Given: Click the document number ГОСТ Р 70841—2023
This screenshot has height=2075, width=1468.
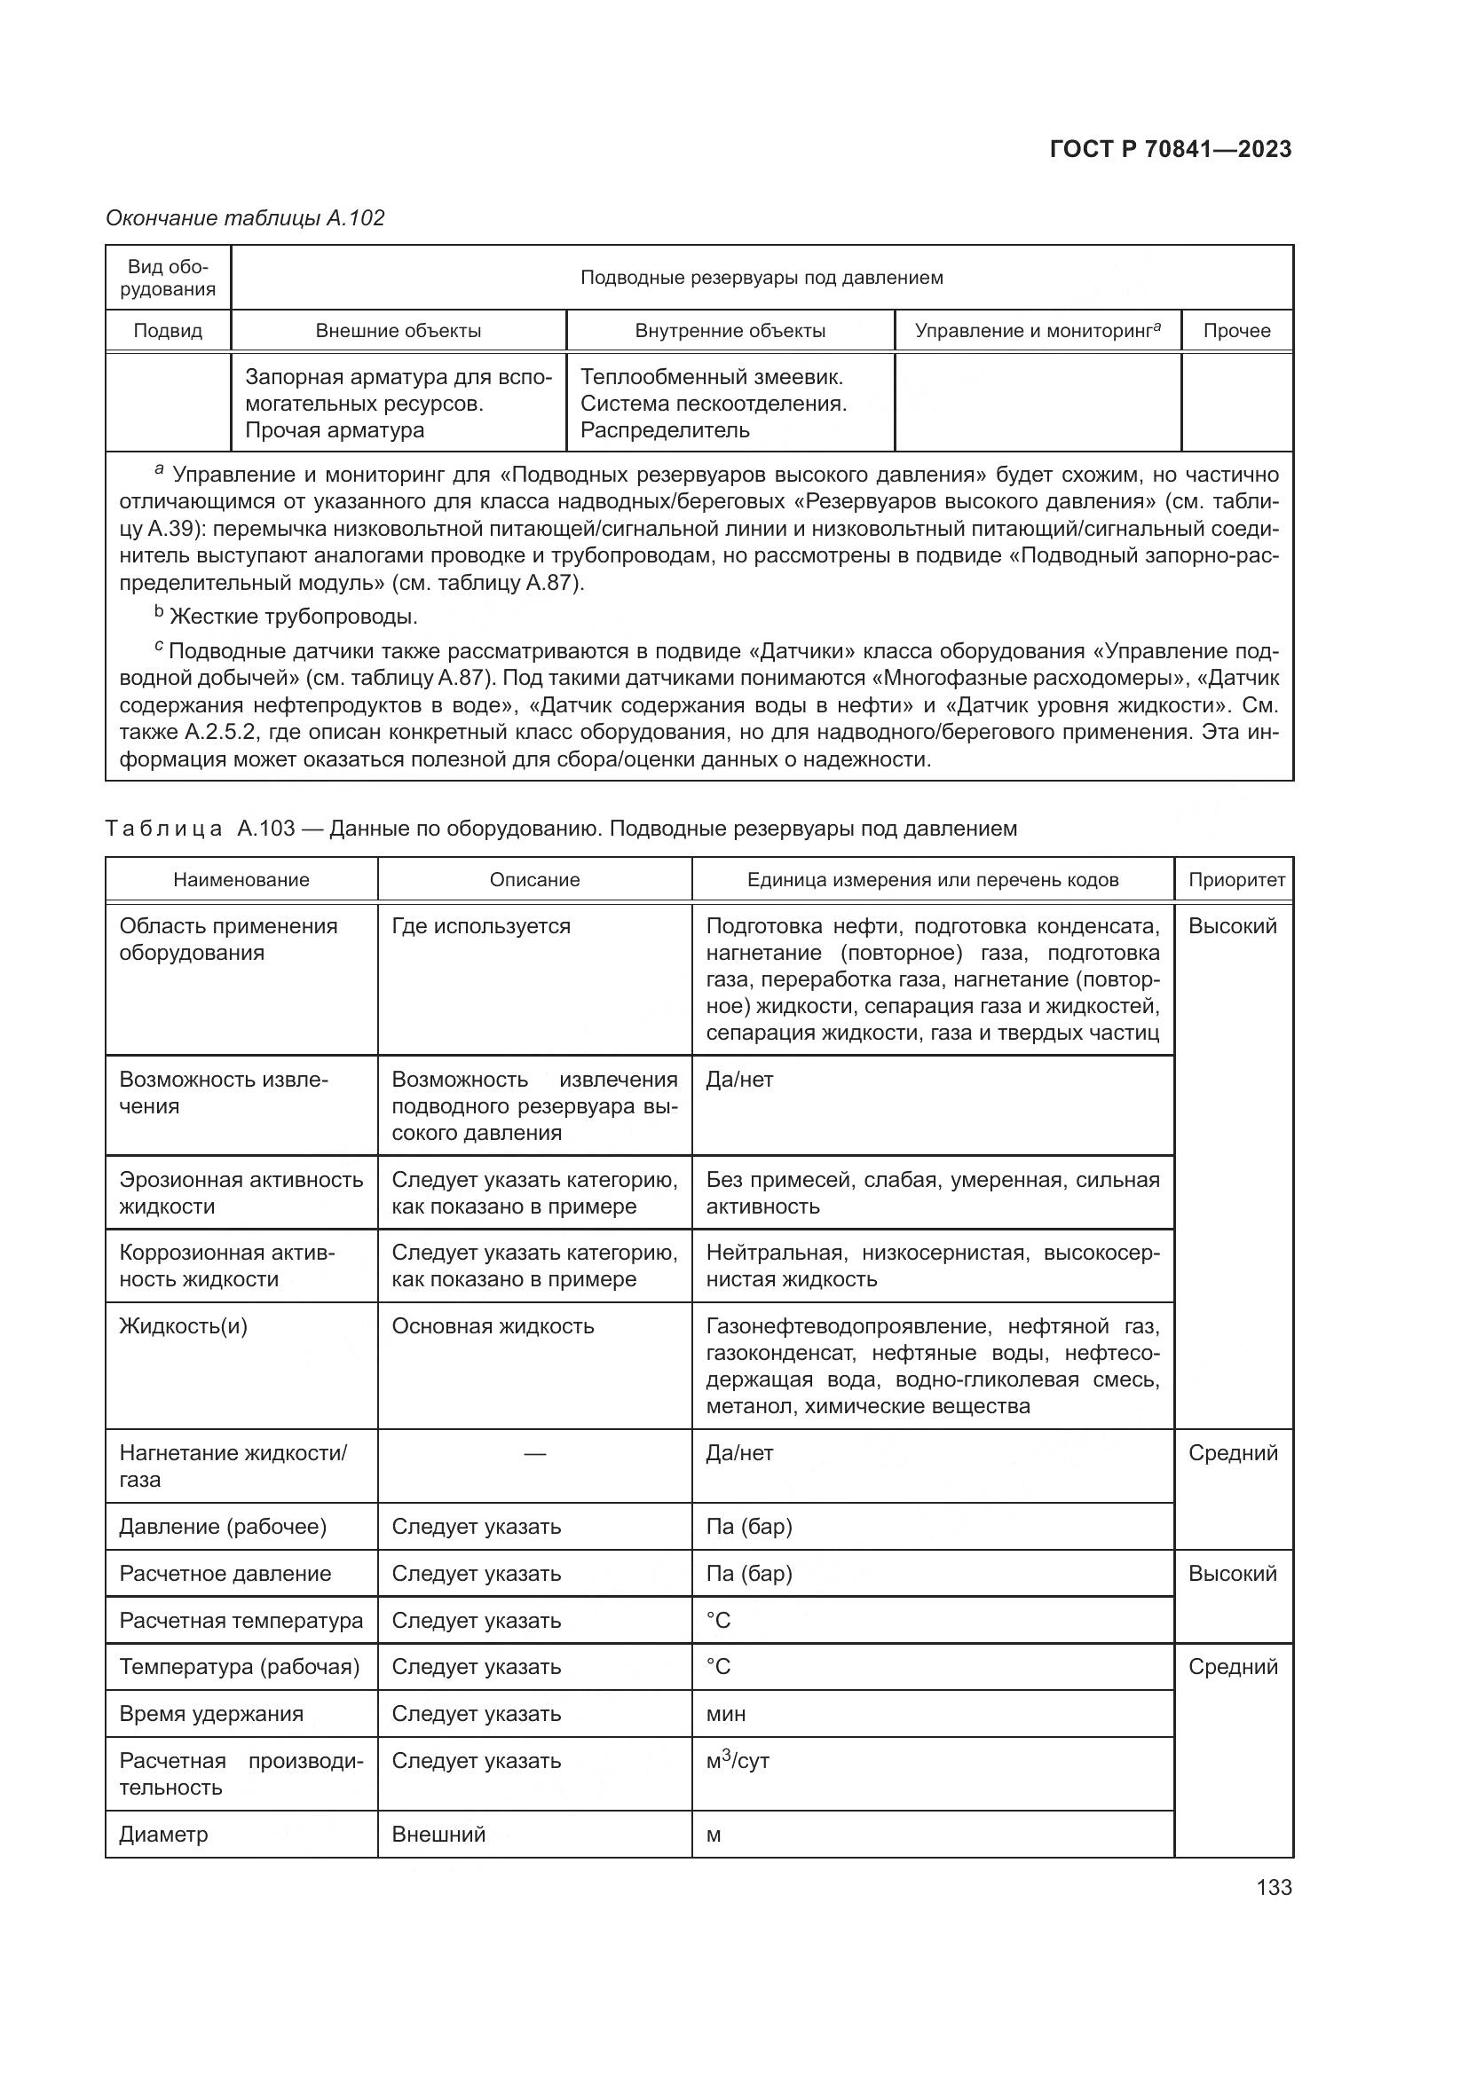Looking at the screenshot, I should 1171,149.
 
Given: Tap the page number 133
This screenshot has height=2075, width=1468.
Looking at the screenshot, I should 1274,1887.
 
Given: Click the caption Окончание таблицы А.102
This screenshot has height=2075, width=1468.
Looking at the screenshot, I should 245,218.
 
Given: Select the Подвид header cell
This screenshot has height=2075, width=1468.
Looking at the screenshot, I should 168,331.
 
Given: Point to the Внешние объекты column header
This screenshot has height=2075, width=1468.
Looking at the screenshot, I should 398,331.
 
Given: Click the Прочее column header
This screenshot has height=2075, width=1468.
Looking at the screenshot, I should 1236,331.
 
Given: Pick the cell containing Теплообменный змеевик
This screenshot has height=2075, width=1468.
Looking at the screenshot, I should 712,377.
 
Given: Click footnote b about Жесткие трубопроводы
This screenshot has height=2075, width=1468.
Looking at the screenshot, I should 286,617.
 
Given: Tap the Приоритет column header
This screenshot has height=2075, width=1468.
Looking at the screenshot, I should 1235,879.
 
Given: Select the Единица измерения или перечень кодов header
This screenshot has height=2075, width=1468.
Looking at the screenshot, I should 932,879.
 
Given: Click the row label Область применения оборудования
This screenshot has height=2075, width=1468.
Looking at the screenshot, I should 228,939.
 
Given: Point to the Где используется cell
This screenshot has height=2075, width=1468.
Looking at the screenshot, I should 481,926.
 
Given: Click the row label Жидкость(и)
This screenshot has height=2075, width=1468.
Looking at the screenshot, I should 184,1325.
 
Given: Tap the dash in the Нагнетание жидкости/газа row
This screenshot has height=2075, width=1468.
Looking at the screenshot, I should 534,1453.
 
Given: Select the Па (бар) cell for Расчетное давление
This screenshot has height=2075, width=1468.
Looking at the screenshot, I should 748,1574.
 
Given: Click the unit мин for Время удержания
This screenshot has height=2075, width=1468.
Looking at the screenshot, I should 726,1715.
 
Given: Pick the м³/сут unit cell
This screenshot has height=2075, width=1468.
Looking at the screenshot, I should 737,1760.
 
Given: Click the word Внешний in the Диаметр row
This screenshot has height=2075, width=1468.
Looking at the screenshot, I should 438,1835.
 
